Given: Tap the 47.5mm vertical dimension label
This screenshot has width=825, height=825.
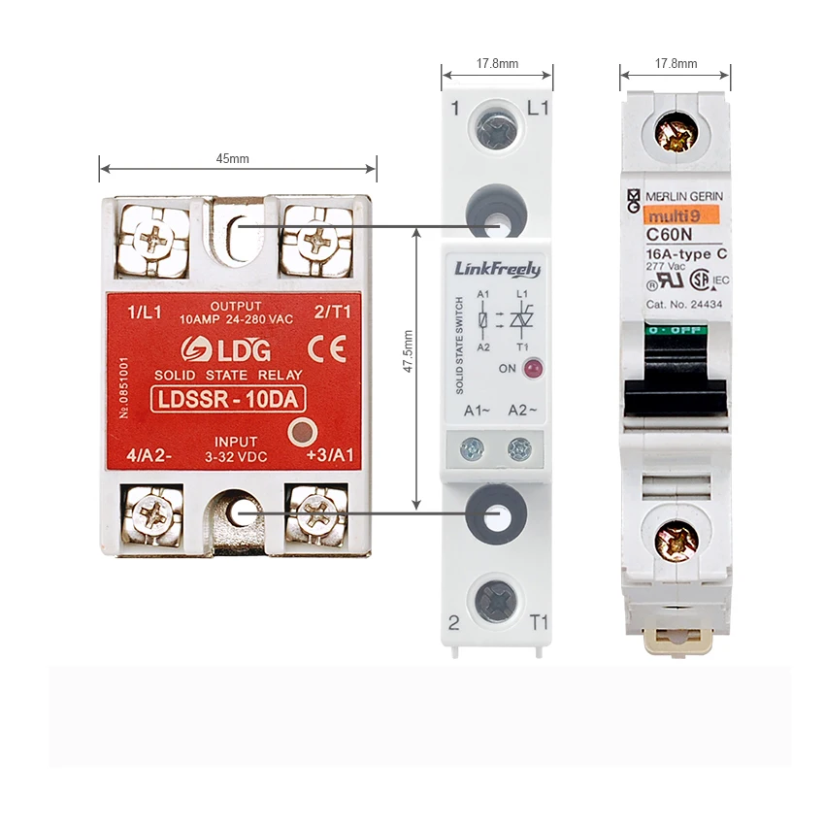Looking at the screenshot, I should click(409, 351).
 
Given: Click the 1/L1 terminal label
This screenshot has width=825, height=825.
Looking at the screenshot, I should click(147, 313).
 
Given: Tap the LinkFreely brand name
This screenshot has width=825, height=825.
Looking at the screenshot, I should click(497, 269).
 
